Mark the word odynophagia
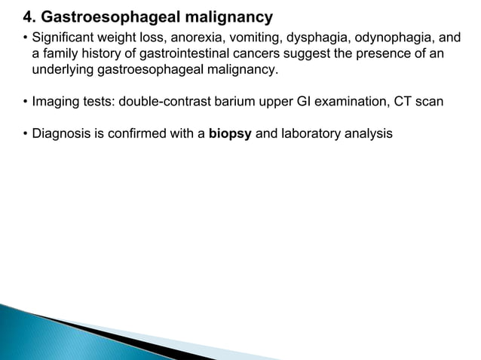point(384,37)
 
